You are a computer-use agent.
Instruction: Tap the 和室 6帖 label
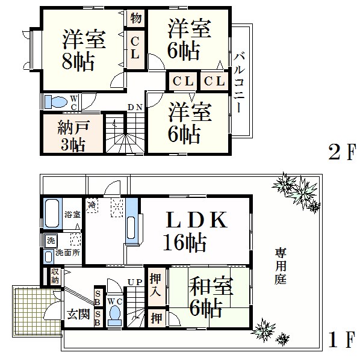211,297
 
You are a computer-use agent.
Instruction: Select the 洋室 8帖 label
84,50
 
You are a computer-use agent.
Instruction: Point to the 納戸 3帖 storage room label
73,137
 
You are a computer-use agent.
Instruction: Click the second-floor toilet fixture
56,102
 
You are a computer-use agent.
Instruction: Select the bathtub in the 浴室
52,214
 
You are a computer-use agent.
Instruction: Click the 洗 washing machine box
51,241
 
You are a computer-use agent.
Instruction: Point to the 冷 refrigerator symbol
92,205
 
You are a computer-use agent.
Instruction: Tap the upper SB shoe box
98,298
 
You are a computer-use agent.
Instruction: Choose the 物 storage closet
135,18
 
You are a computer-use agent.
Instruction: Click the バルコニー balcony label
239,82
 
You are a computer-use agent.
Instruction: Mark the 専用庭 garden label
281,266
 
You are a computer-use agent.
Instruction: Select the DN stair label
135,107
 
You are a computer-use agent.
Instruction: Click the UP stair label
135,282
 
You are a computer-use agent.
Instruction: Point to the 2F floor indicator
342,152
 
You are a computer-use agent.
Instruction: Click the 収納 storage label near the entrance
55,276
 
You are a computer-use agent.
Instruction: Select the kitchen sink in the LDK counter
131,228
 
